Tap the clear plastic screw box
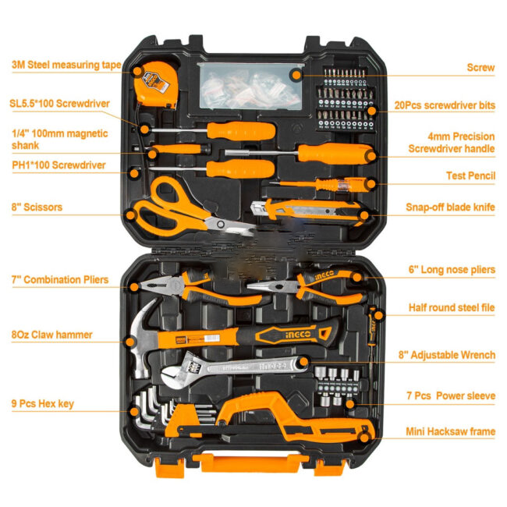pos(250,86)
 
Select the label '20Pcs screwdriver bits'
pos(445,105)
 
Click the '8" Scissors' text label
pos(37,207)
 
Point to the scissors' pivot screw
pos(221,224)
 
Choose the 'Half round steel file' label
pos(452,307)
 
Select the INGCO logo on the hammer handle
pos(298,335)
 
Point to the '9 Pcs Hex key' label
pos(43,404)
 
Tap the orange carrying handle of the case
pos(250,463)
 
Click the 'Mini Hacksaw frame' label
pos(450,431)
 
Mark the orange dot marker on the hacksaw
pos(364,438)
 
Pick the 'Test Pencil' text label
pos(470,176)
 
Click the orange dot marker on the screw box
pos(296,76)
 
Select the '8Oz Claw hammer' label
pos(51,335)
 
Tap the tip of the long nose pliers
pos(249,286)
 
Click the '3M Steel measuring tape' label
pos(66,65)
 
